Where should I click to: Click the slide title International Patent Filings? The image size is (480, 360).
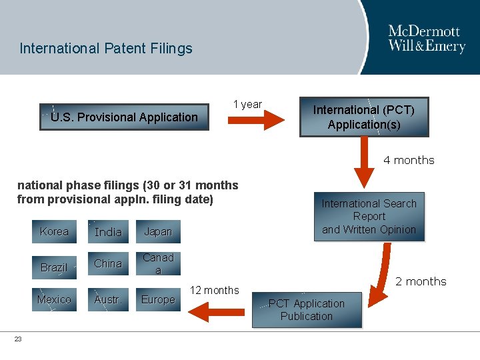point(106,49)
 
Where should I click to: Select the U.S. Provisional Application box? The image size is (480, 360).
point(125,117)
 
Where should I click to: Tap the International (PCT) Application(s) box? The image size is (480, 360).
point(364,117)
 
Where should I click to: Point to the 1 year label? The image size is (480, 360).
point(247,104)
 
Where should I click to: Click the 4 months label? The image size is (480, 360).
point(409,160)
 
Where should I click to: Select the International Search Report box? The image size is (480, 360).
point(369,217)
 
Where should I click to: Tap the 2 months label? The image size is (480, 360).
point(421,281)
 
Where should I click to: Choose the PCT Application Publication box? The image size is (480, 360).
point(307,310)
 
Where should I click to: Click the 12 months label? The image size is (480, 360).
point(214,290)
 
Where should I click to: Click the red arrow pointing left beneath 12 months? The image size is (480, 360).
point(207,311)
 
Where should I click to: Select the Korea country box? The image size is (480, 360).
point(54,232)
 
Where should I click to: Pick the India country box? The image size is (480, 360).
point(108,232)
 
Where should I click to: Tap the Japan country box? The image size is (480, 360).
point(158,232)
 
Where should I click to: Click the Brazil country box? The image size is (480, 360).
point(54,267)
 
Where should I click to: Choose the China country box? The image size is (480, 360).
point(108,264)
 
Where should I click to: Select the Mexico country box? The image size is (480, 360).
point(54,299)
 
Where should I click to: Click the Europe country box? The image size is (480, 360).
point(158,299)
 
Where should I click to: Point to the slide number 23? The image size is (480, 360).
point(18,339)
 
